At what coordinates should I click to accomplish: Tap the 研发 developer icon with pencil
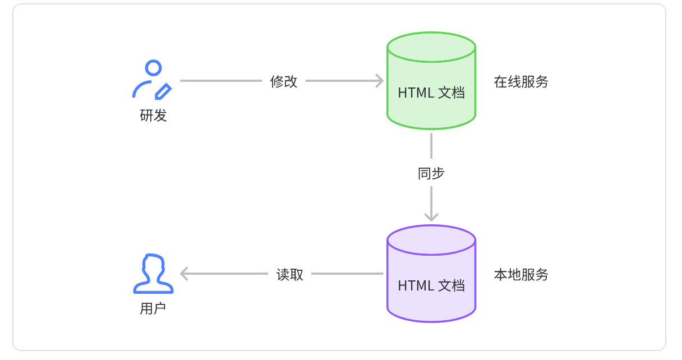click(x=151, y=80)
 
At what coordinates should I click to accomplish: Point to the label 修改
click(x=284, y=81)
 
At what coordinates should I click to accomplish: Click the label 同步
click(x=431, y=173)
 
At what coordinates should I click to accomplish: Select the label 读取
click(x=290, y=274)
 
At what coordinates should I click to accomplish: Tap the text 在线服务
click(x=521, y=82)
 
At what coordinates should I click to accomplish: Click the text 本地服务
click(x=521, y=275)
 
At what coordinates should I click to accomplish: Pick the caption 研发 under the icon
click(x=153, y=116)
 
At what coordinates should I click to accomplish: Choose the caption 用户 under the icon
click(x=153, y=308)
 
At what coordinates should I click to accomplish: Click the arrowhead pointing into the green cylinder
click(x=380, y=81)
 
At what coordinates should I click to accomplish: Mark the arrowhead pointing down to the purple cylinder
click(x=431, y=216)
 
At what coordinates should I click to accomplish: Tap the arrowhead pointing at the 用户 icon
click(x=185, y=274)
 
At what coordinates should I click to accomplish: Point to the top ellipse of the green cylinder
click(x=431, y=47)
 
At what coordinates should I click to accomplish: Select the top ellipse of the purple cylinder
click(x=431, y=240)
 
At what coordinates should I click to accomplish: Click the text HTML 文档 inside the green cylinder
click(x=431, y=93)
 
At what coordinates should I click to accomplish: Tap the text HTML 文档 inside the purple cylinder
click(x=431, y=285)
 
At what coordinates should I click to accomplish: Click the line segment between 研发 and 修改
click(x=221, y=81)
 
